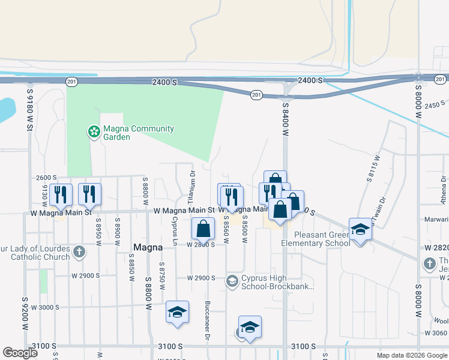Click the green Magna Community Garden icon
click(x=93, y=132)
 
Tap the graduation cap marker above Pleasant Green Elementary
click(x=360, y=230)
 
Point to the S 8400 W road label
click(x=285, y=118)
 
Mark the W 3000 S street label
click(x=40, y=307)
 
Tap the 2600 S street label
click(x=46, y=178)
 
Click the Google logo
click(x=20, y=353)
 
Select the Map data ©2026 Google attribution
click(x=412, y=355)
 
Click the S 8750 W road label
click(x=162, y=276)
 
